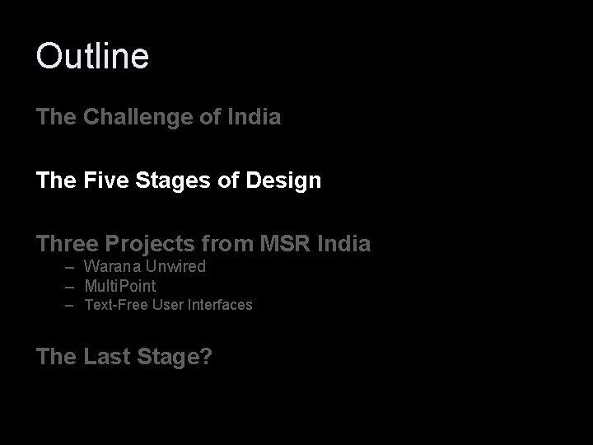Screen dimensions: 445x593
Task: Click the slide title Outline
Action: pos(92,56)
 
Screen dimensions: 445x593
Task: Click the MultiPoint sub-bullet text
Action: pos(119,286)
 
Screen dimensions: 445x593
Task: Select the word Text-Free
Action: pos(115,305)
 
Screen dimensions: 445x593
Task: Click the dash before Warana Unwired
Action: pos(72,266)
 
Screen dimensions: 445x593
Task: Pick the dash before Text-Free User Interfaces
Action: pos(72,305)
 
